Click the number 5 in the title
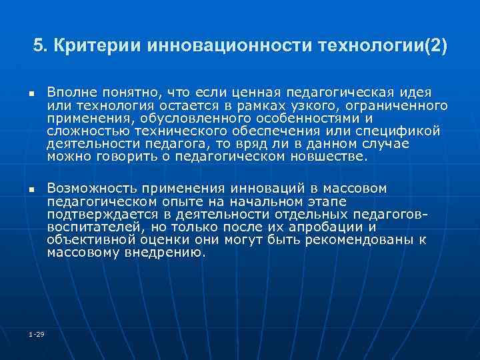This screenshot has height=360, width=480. coord(38,47)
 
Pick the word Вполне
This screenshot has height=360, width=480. coord(71,91)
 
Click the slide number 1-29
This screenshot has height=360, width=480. coord(36,333)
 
